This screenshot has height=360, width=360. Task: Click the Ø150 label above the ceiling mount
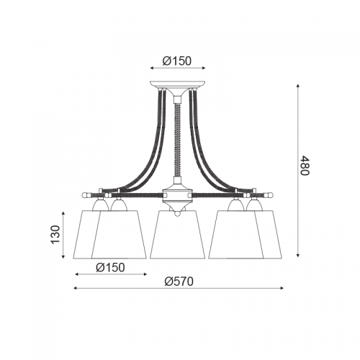click(x=177, y=60)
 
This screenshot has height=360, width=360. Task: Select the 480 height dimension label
click(x=306, y=166)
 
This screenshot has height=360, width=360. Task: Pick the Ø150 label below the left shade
click(x=110, y=267)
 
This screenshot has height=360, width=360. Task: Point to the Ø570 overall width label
click(x=179, y=281)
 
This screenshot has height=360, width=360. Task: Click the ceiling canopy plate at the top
click(x=178, y=85)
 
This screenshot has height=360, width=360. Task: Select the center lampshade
click(x=178, y=235)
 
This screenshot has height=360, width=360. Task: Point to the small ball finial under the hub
click(x=178, y=213)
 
